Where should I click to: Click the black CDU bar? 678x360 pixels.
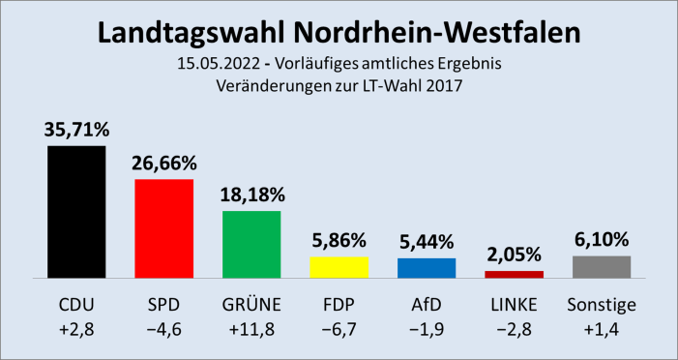[x=75, y=211]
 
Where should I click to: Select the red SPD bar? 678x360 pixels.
[x=163, y=227]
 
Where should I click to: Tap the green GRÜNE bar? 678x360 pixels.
[x=251, y=244]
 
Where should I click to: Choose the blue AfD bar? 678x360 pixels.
[x=427, y=267]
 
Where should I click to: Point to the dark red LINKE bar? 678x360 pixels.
[x=514, y=274]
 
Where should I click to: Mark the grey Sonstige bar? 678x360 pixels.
[x=602, y=266]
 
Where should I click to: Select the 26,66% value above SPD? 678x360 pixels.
[x=163, y=163]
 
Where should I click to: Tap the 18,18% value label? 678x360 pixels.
[x=251, y=195]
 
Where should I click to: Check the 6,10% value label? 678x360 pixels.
[x=602, y=239]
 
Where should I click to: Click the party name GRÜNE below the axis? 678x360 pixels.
[x=251, y=306]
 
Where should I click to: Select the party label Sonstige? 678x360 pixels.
[x=602, y=306]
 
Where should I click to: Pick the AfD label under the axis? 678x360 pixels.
[x=427, y=306]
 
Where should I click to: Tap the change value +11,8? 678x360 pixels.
[x=251, y=331]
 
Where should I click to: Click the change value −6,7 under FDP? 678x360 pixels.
[x=339, y=331]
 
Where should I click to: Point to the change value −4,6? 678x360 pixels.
[x=163, y=331]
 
